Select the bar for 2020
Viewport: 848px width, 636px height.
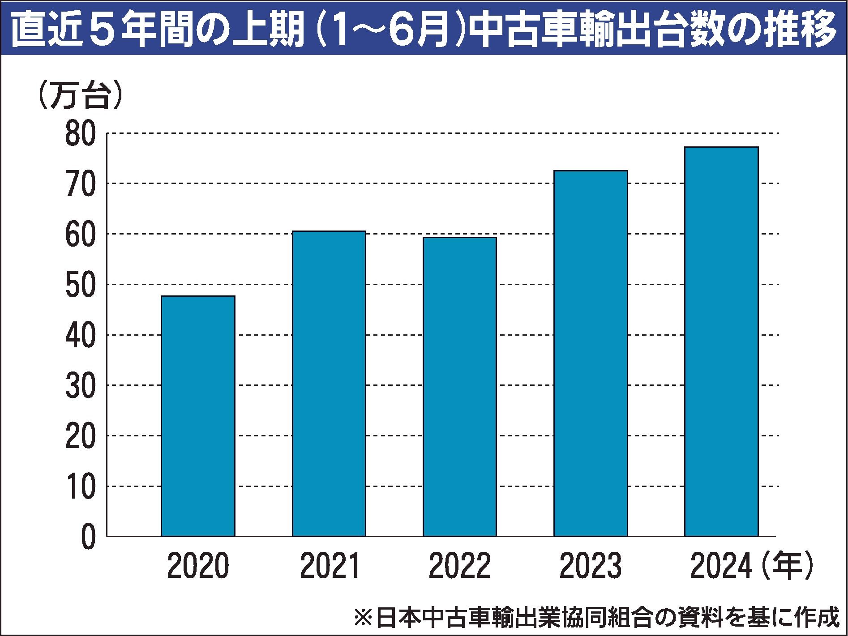point(198,416)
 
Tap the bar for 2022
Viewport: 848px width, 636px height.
point(460,387)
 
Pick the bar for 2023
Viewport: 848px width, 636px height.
point(591,353)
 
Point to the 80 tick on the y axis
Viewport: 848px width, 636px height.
point(81,133)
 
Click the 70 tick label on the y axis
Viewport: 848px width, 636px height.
point(81,184)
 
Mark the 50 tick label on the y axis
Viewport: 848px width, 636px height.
point(81,285)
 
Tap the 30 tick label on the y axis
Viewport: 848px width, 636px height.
point(81,385)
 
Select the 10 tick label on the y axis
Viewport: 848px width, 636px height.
point(81,486)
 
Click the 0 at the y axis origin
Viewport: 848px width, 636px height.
point(88,537)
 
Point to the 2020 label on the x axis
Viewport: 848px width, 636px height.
point(198,567)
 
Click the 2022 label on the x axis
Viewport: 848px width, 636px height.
point(460,567)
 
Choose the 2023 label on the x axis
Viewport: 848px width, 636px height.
point(591,567)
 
